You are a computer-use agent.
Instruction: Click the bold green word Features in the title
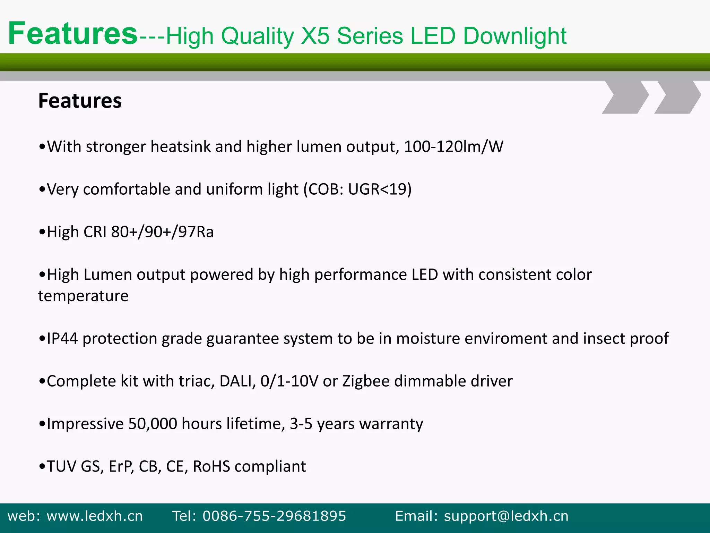pyautogui.click(x=73, y=34)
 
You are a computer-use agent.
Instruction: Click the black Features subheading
pyautogui.click(x=80, y=101)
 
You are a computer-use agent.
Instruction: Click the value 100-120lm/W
pyautogui.click(x=453, y=146)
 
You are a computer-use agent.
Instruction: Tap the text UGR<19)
pyautogui.click(x=380, y=189)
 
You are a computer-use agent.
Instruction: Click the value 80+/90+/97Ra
pyautogui.click(x=162, y=232)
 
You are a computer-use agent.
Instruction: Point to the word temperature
pyautogui.click(x=83, y=296)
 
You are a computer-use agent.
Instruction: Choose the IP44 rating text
pyautogui.click(x=62, y=339)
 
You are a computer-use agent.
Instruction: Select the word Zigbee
pyautogui.click(x=366, y=381)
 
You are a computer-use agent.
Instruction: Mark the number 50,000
pyautogui.click(x=153, y=424)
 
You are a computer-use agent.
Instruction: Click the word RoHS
pyautogui.click(x=211, y=466)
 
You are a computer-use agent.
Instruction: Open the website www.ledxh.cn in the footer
pyautogui.click(x=95, y=516)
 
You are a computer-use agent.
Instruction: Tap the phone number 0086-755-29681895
pyautogui.click(x=274, y=516)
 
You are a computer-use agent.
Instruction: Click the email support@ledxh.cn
pyautogui.click(x=506, y=516)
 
